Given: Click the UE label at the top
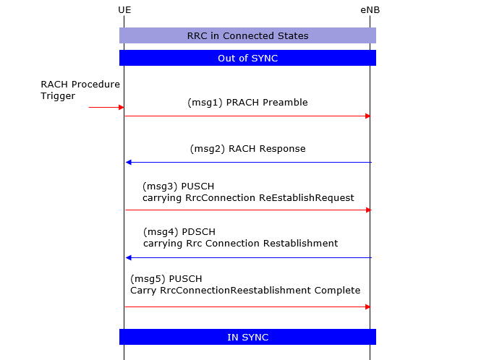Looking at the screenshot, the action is click(x=124, y=10).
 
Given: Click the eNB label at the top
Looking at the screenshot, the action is click(x=370, y=10).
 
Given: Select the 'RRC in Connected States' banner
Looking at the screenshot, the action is click(x=247, y=35).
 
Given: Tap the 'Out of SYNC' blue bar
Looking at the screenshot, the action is click(x=247, y=58).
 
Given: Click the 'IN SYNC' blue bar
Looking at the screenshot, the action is click(x=247, y=337).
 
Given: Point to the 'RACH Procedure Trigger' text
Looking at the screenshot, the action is click(x=80, y=90).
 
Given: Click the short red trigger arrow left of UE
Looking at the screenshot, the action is click(x=106, y=107).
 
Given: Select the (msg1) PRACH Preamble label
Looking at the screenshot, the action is click(x=247, y=103).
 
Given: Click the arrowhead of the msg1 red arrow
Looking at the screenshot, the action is click(x=368, y=116).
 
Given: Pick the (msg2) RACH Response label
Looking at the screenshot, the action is click(x=248, y=149).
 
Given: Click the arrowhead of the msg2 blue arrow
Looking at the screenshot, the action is click(x=128, y=162).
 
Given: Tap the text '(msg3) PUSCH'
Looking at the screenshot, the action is click(x=179, y=187).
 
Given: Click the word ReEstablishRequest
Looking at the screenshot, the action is click(x=307, y=198).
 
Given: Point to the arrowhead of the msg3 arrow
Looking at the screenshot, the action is click(x=368, y=210).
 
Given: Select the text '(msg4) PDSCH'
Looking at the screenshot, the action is click(x=179, y=231).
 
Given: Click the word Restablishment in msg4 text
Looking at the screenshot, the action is click(x=300, y=243).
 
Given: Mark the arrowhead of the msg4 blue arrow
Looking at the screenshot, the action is click(x=128, y=257).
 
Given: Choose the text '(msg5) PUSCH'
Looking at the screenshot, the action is click(x=166, y=279).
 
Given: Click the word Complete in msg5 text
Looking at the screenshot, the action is click(x=337, y=290).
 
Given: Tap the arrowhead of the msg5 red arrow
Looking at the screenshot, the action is click(x=368, y=307).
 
